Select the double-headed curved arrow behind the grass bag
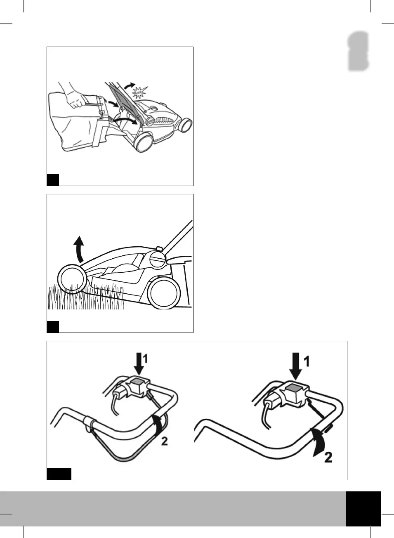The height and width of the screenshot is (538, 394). [124, 120]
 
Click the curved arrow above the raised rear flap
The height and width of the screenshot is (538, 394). [129, 85]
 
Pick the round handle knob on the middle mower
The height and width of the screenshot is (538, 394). [157, 260]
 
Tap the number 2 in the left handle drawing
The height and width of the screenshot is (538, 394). [164, 441]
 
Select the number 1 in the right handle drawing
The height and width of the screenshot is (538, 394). [307, 362]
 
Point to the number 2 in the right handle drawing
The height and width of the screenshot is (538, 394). [328, 457]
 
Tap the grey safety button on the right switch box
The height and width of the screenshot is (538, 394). [294, 388]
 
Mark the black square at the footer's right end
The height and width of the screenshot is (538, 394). [363, 508]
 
